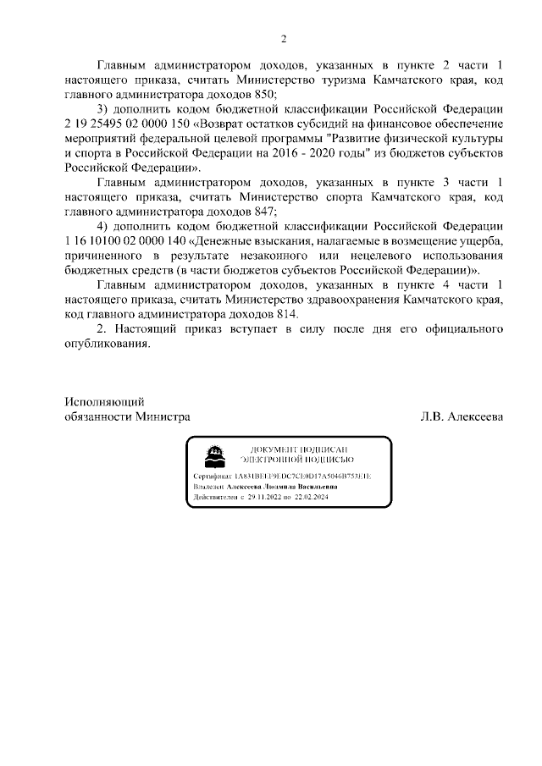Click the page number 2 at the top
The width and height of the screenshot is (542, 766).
(285, 38)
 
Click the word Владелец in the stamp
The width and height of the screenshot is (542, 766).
(208, 488)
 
